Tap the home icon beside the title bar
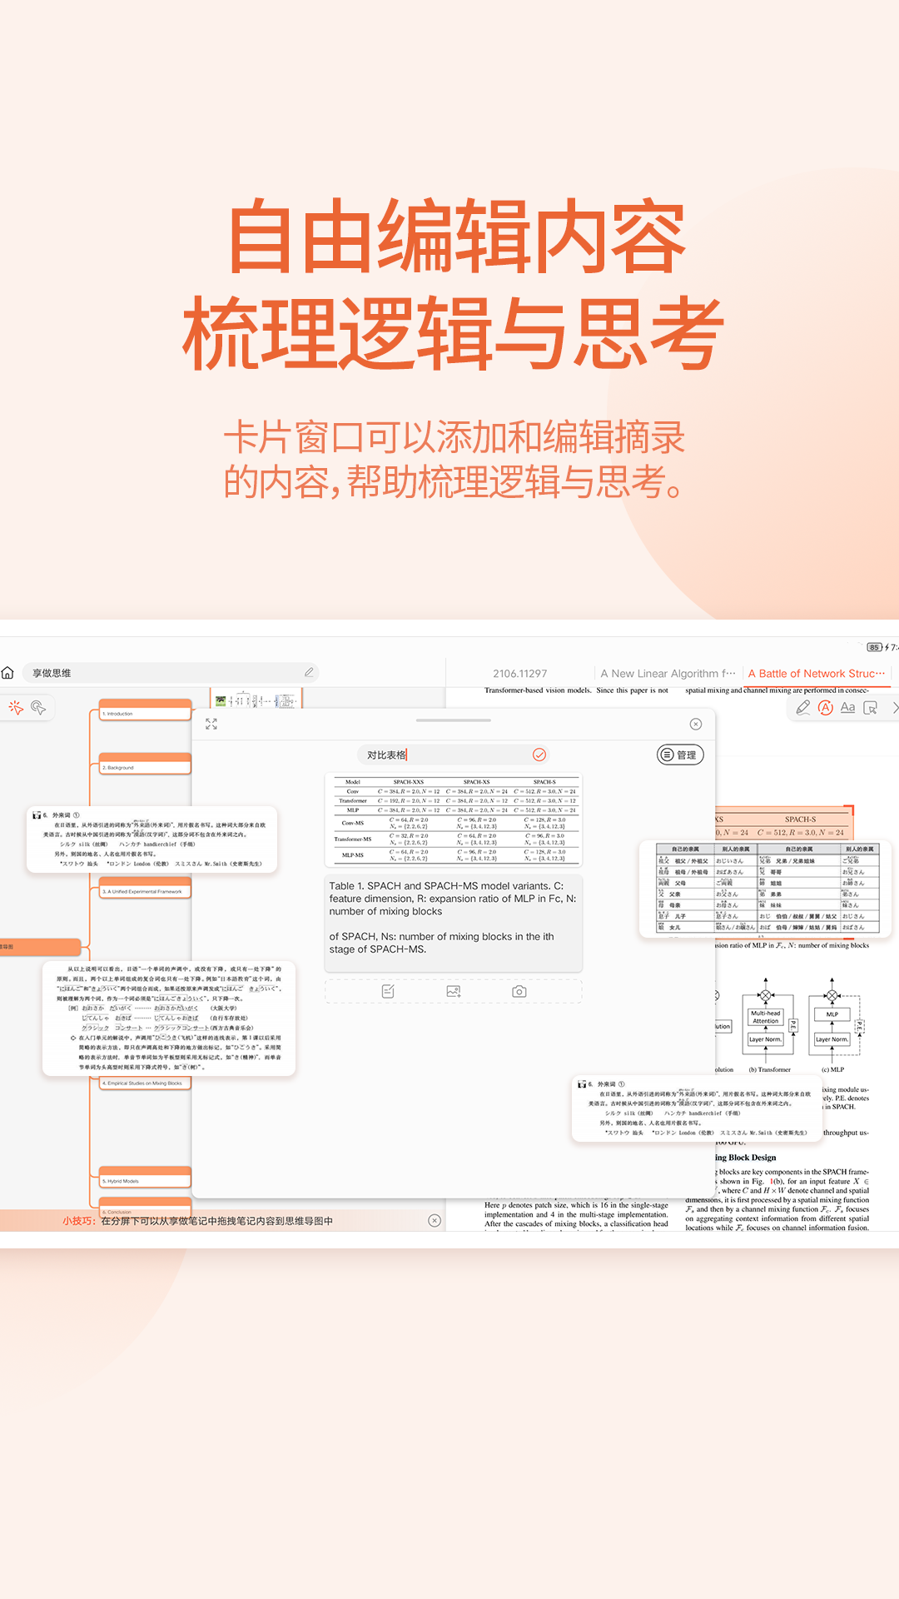8,673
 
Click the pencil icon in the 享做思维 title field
309,672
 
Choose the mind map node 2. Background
146,767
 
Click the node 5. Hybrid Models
146,1181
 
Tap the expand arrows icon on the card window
211,725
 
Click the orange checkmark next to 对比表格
539,755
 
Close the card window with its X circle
696,725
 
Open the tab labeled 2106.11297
519,674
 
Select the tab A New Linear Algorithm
668,674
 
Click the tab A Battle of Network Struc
816,674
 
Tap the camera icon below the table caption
519,991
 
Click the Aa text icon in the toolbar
847,708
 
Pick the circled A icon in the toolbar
826,708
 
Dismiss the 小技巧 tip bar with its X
435,1221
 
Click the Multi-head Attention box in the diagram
765,1017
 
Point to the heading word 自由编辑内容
456,237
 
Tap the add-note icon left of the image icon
388,991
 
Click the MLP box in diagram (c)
832,1014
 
